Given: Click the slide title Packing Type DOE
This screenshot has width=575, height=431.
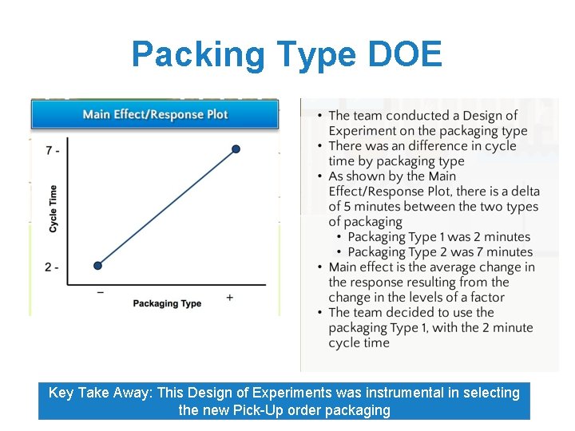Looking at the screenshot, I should point(287,54).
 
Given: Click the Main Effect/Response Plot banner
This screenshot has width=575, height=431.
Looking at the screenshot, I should point(155,114).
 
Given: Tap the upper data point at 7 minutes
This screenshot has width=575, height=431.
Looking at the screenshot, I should point(236,148).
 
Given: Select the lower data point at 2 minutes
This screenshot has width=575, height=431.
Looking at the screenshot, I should point(97,266).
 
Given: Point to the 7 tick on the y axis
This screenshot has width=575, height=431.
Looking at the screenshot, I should point(52,150).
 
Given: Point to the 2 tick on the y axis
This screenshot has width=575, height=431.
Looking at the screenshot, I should point(52,267).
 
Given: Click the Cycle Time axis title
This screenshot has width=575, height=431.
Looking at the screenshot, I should point(54,208).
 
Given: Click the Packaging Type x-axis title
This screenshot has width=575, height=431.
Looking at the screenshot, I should point(167,303).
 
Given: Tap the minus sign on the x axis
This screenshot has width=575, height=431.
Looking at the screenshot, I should point(100,292).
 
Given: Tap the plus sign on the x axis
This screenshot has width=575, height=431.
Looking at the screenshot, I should point(230,297).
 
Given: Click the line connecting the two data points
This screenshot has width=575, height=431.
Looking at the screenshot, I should point(166,208).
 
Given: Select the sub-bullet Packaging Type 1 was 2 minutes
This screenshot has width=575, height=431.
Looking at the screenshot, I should point(438,237).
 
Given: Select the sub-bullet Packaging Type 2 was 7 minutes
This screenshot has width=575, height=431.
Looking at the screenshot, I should point(438,252).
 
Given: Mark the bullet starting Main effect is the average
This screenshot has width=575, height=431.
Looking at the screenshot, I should point(431,282).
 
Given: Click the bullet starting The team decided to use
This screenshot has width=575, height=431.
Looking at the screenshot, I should point(430,327).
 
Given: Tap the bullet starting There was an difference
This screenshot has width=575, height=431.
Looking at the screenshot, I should point(422,153).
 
